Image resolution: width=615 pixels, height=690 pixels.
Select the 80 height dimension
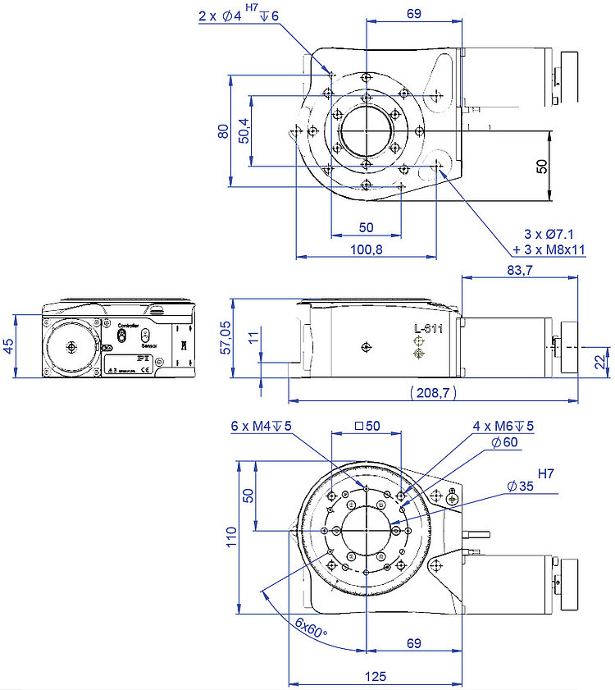(x=223, y=130)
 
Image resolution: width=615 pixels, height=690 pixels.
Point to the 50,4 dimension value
(x=244, y=130)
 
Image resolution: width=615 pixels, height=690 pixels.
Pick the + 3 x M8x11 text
(x=549, y=250)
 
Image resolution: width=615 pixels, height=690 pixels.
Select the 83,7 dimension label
(x=519, y=270)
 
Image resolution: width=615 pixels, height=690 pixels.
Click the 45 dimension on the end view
(x=8, y=345)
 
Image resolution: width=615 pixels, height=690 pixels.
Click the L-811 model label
(x=427, y=328)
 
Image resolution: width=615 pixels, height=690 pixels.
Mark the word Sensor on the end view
(x=148, y=345)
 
